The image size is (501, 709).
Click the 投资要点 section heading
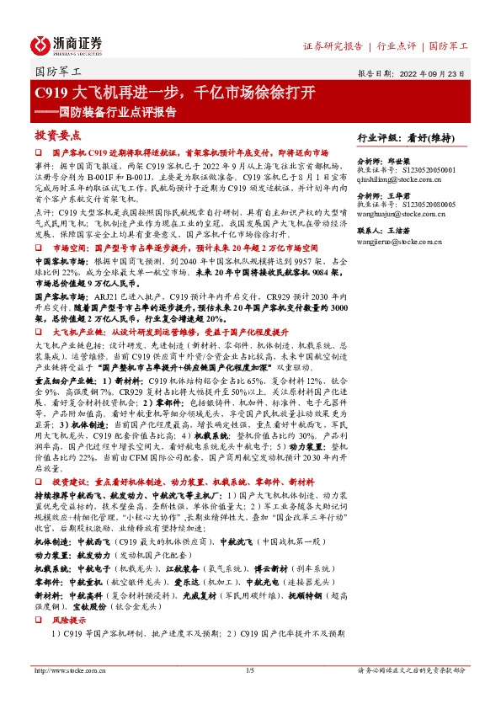(x=58, y=135)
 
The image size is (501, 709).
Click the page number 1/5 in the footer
(x=249, y=670)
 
